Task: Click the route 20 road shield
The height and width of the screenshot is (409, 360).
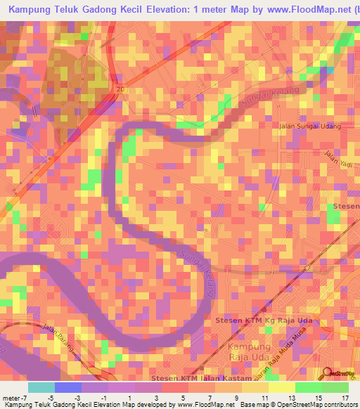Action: (120, 89)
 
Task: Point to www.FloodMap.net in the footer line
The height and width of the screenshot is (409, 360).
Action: (201, 405)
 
